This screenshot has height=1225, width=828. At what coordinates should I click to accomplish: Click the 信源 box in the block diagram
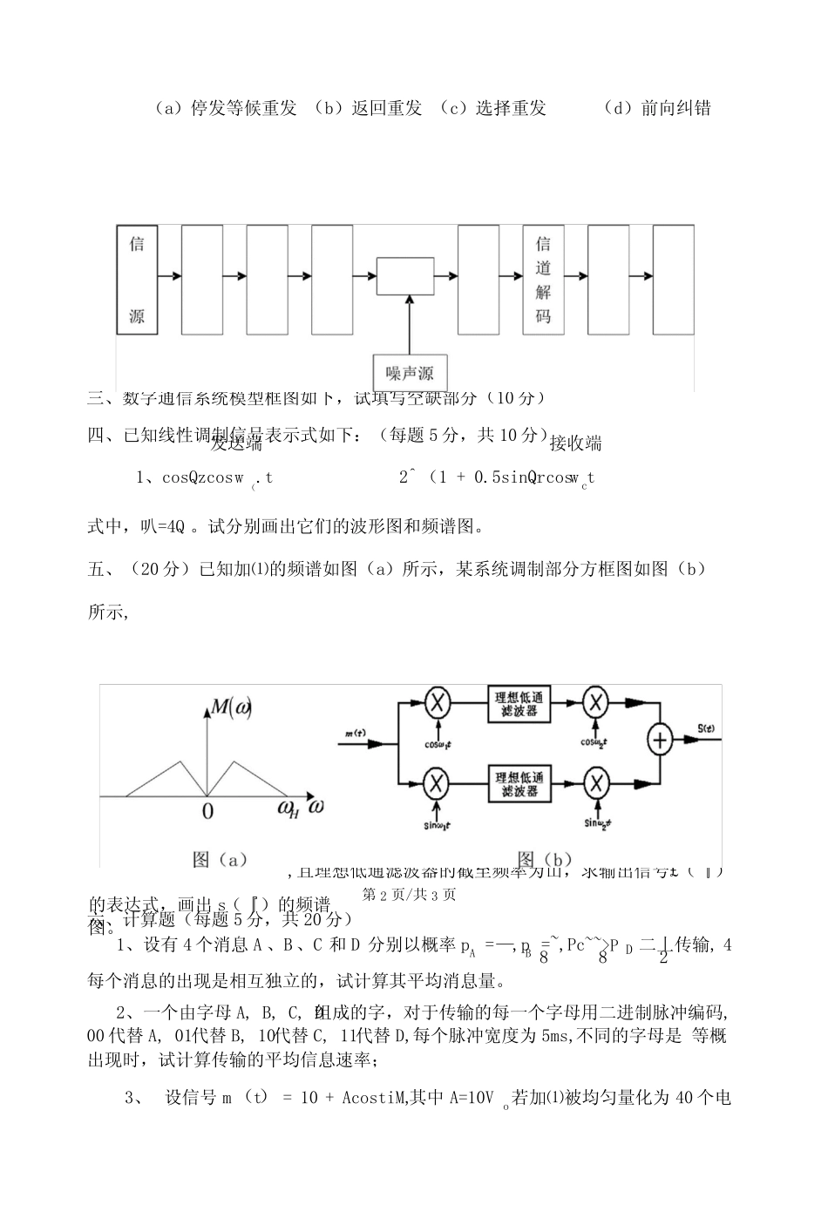[x=137, y=280]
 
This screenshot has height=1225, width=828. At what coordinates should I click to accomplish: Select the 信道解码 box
[x=543, y=280]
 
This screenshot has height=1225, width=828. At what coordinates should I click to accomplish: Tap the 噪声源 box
[x=410, y=374]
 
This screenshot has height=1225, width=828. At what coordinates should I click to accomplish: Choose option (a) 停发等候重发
[x=225, y=108]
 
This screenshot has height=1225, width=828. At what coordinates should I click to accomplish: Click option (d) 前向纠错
[x=656, y=108]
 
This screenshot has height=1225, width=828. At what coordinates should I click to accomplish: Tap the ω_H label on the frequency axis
[x=288, y=809]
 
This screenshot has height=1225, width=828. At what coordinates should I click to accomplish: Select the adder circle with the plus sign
[x=661, y=740]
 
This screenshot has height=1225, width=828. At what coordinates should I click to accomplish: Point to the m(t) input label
[x=354, y=733]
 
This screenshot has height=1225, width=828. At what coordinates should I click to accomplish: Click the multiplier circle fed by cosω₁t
[x=436, y=703]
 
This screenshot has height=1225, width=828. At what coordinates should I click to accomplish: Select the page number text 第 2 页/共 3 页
[x=409, y=894]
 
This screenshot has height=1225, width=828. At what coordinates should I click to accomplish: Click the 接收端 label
[x=575, y=443]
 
